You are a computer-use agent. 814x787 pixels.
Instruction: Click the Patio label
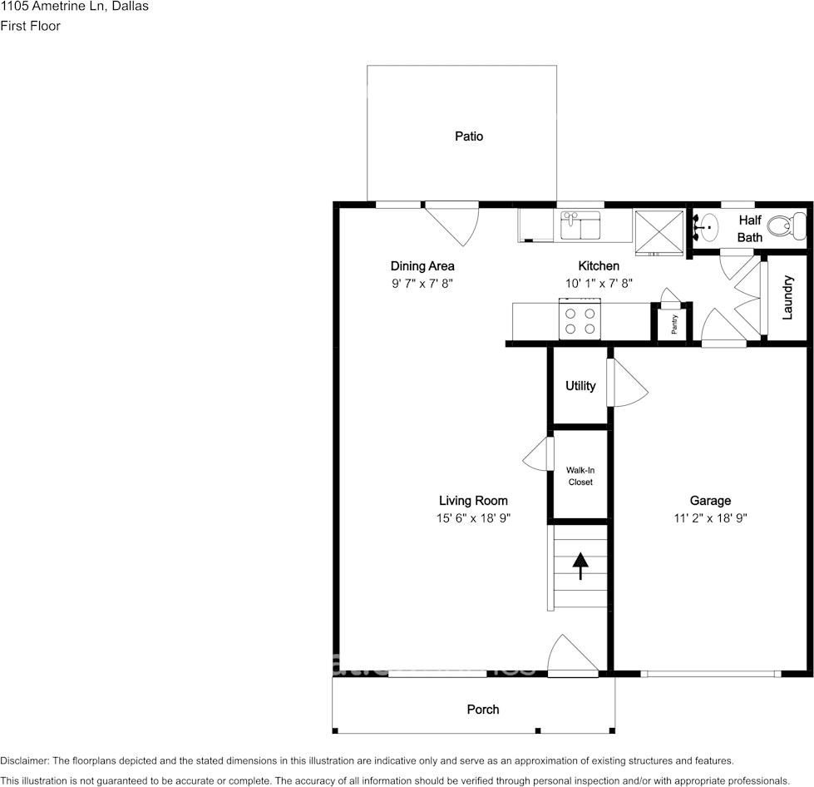pos(469,136)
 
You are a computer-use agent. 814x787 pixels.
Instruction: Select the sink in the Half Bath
pos(707,227)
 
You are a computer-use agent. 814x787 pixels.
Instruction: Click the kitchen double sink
pos(580,225)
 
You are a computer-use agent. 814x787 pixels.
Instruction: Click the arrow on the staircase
pos(580,566)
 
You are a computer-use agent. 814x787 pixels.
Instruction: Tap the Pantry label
pos(674,324)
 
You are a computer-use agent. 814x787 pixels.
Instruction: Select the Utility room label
pos(580,385)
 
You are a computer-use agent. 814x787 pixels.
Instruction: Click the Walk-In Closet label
pos(580,476)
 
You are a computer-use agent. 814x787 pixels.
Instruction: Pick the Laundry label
pos(787,297)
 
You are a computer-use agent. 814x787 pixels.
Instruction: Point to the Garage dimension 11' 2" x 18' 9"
pos(710,518)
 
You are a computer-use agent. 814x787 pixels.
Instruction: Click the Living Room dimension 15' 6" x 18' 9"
pos(473,518)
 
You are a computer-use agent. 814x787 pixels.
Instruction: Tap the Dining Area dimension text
pos(422,283)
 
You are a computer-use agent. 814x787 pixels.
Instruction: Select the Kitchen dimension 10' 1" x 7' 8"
pos(599,283)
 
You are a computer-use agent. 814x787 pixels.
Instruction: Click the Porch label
pos(483,710)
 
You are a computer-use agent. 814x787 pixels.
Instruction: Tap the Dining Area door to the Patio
pos(451,224)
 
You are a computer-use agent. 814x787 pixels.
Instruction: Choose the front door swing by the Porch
pos(573,656)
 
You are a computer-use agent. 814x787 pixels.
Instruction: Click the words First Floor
pos(30,26)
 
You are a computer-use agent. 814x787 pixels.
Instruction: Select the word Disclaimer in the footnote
pos(24,761)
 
